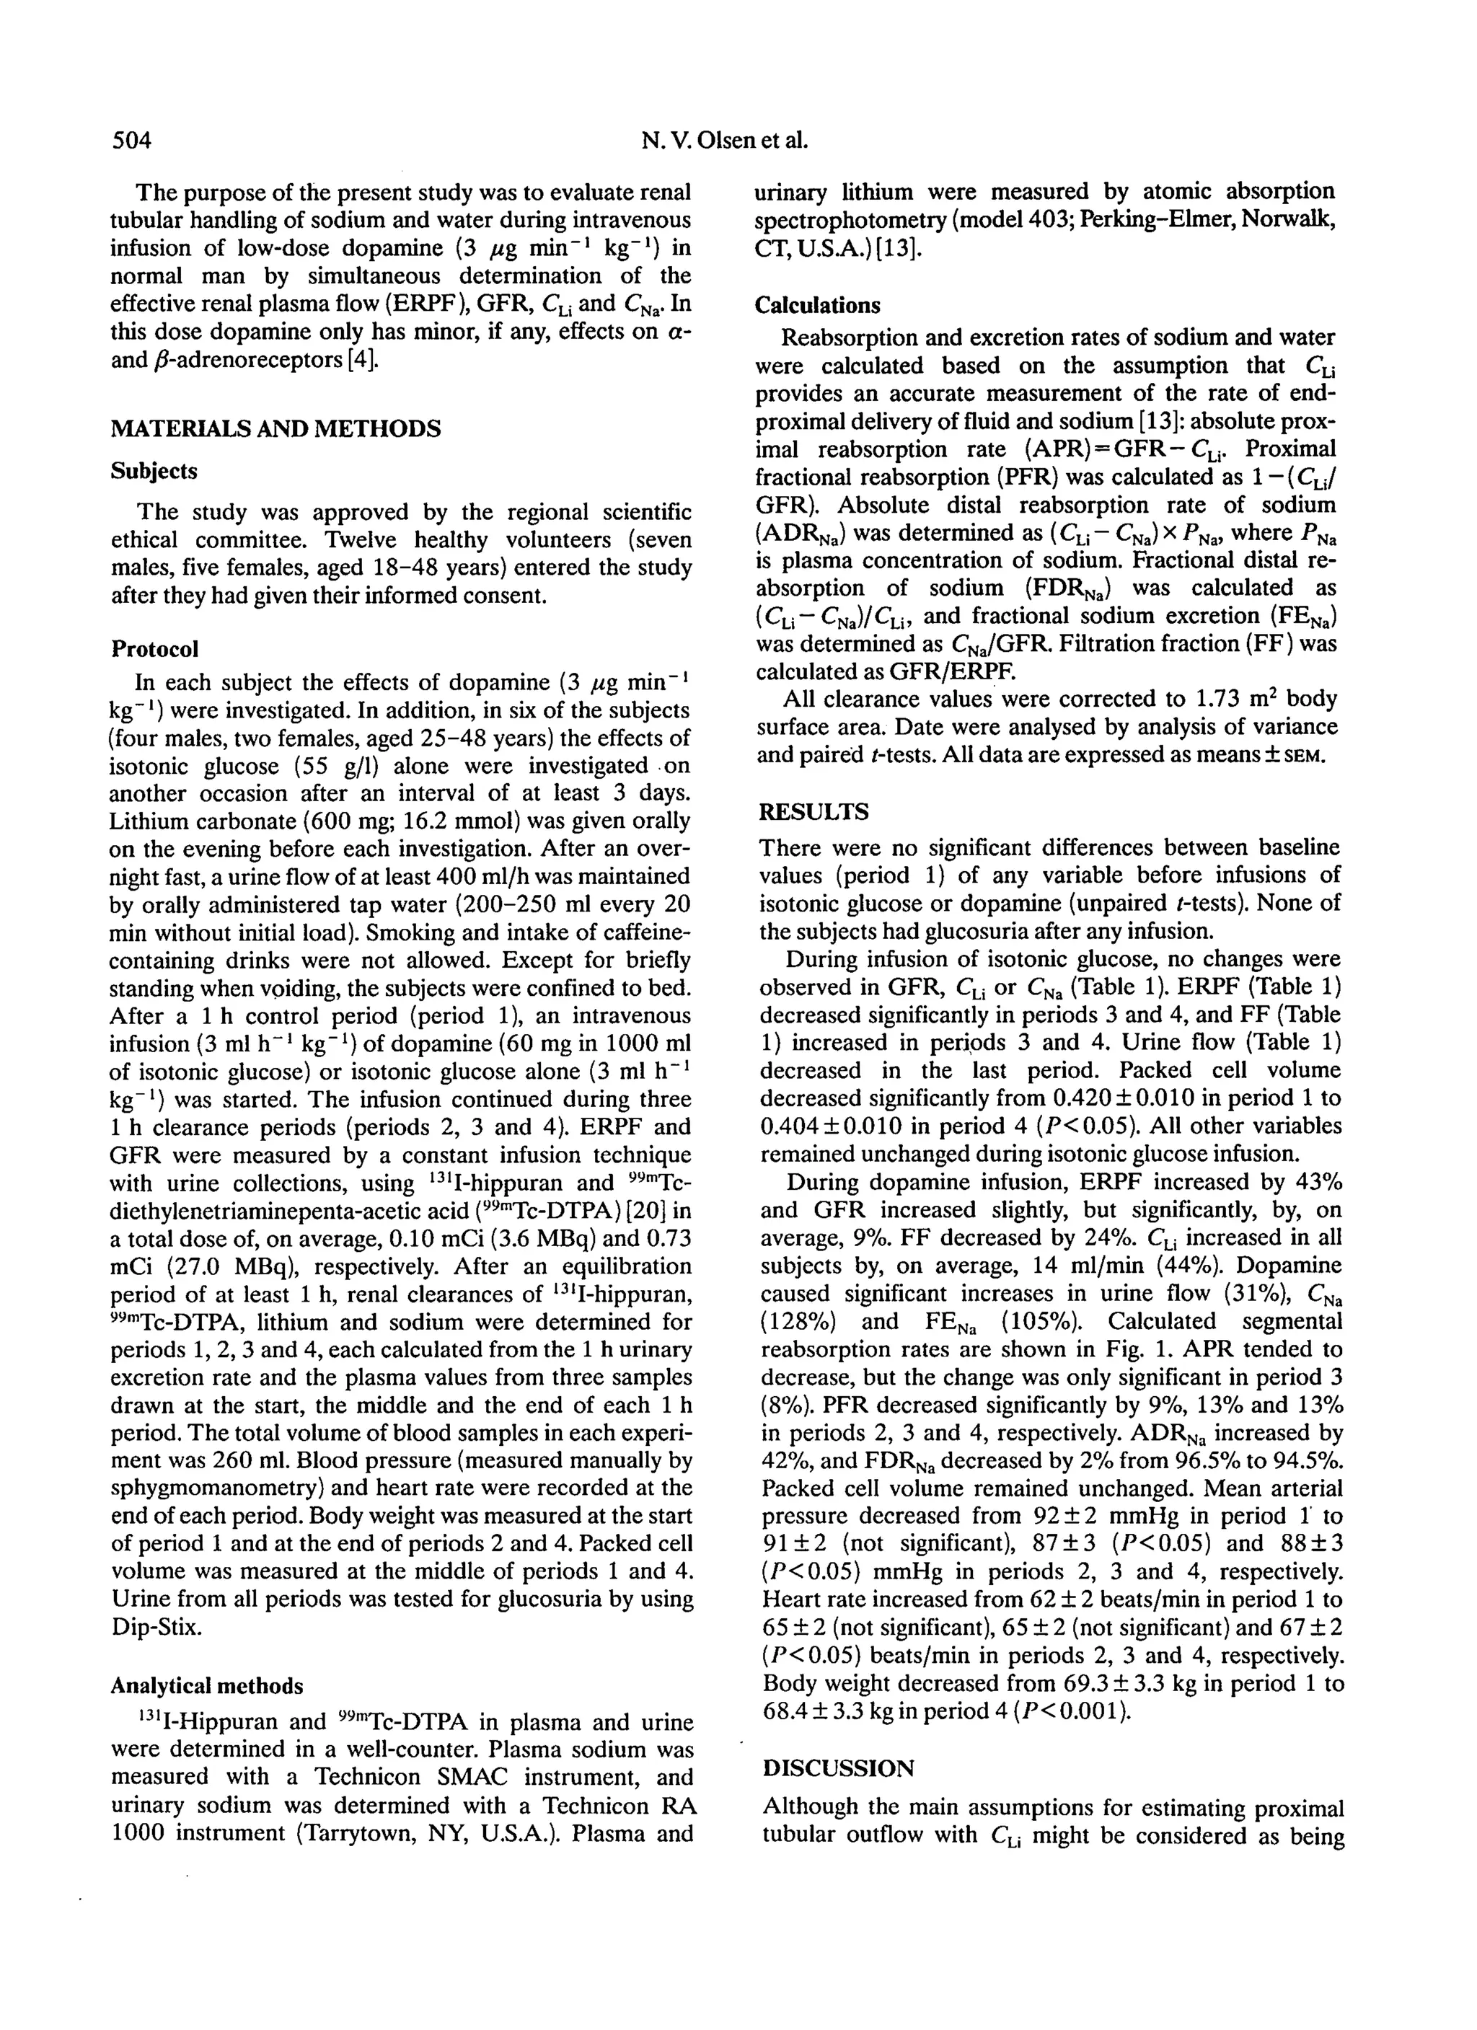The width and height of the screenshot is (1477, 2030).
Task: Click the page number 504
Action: coord(131,141)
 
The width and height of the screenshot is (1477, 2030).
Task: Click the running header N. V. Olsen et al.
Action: coord(725,141)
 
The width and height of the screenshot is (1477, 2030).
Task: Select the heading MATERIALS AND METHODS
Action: coord(275,429)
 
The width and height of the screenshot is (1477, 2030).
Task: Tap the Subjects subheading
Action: coord(153,471)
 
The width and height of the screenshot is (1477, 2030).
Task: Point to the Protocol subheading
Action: coord(154,648)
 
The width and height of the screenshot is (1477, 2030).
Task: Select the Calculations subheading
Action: coord(817,305)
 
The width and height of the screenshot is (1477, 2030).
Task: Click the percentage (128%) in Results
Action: coord(797,1322)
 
